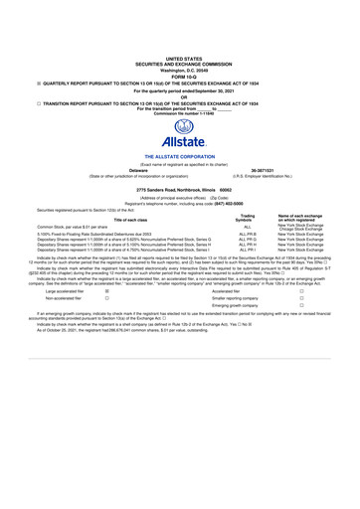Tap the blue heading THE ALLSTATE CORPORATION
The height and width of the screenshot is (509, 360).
[179, 158]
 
